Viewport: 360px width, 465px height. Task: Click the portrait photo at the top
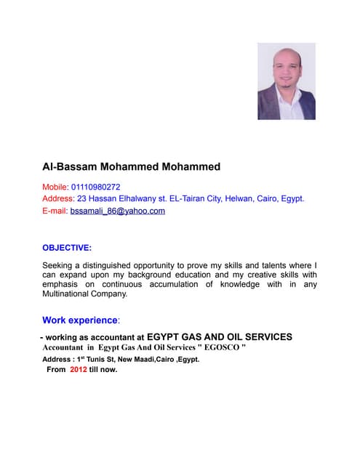286,81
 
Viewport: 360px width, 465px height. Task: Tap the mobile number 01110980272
95,187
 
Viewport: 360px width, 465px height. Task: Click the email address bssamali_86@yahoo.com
118,211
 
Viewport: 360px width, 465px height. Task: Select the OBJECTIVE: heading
67,248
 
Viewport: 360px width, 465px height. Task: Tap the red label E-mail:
55,211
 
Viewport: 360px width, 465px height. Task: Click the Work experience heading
79,320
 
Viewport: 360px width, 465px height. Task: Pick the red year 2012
79,369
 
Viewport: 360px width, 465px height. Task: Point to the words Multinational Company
85,294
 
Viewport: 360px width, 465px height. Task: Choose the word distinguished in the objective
119,266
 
